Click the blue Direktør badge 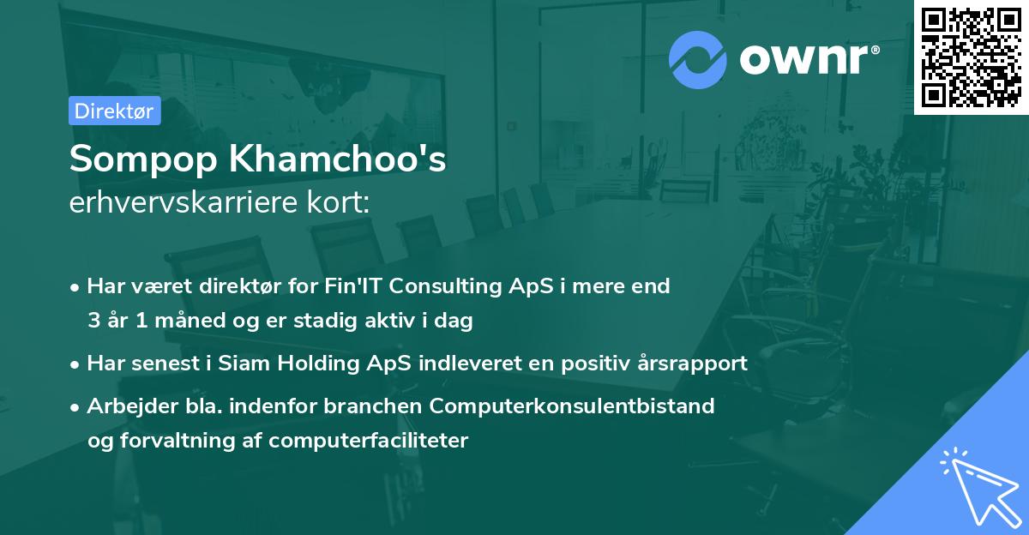tap(114, 111)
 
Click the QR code tap(971, 57)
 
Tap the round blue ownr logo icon tap(698, 59)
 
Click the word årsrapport tap(695, 363)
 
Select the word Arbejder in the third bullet tap(124, 406)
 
